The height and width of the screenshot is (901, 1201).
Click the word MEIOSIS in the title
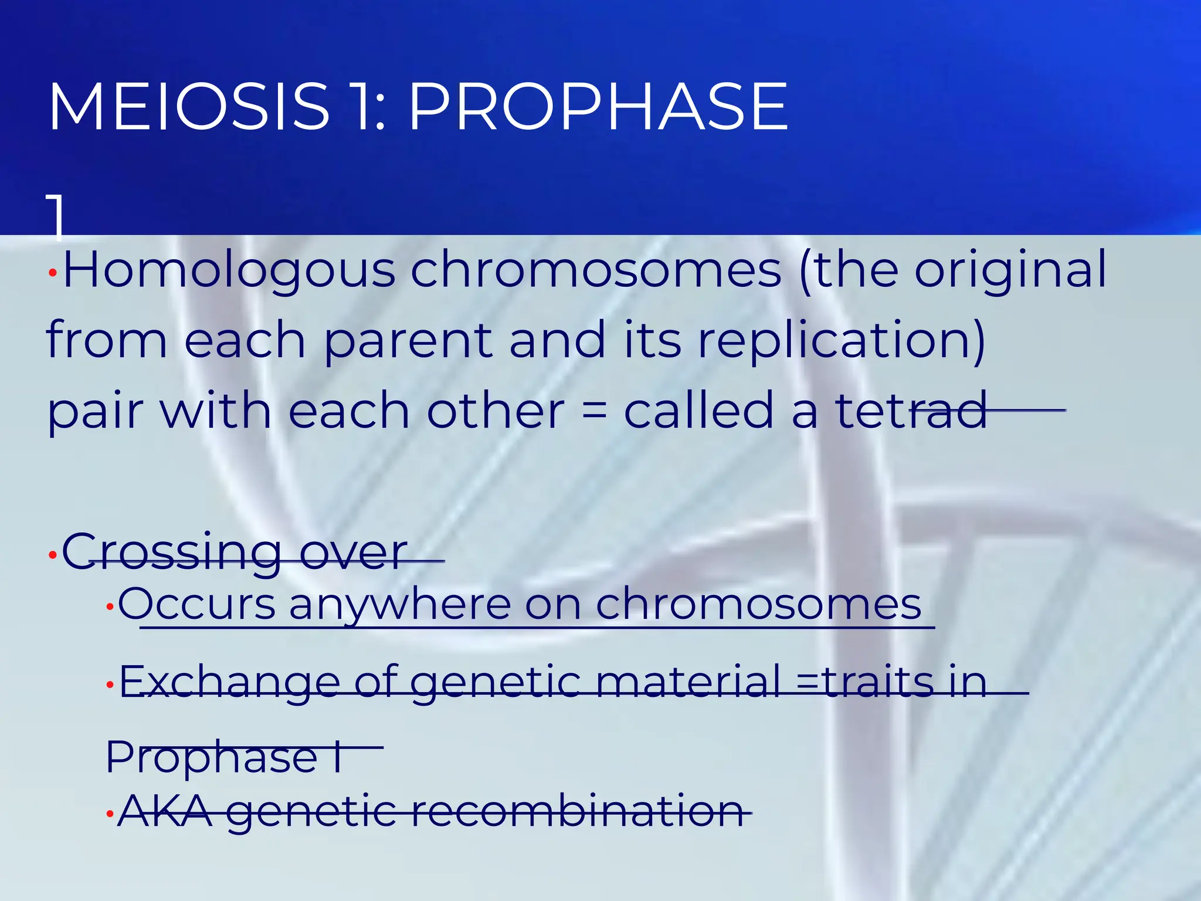pos(189,107)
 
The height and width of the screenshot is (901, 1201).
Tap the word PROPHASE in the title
pos(598,107)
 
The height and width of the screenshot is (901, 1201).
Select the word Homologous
pos(229,271)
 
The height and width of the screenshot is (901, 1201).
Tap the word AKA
pos(165,812)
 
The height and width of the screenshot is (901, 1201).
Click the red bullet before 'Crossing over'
pos(52,554)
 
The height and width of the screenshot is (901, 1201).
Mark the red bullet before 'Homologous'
pos(52,273)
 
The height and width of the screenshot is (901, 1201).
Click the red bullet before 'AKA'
pos(109,814)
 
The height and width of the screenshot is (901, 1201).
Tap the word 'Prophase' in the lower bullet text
pos(211,758)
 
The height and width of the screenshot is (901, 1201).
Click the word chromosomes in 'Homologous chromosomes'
pos(596,271)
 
